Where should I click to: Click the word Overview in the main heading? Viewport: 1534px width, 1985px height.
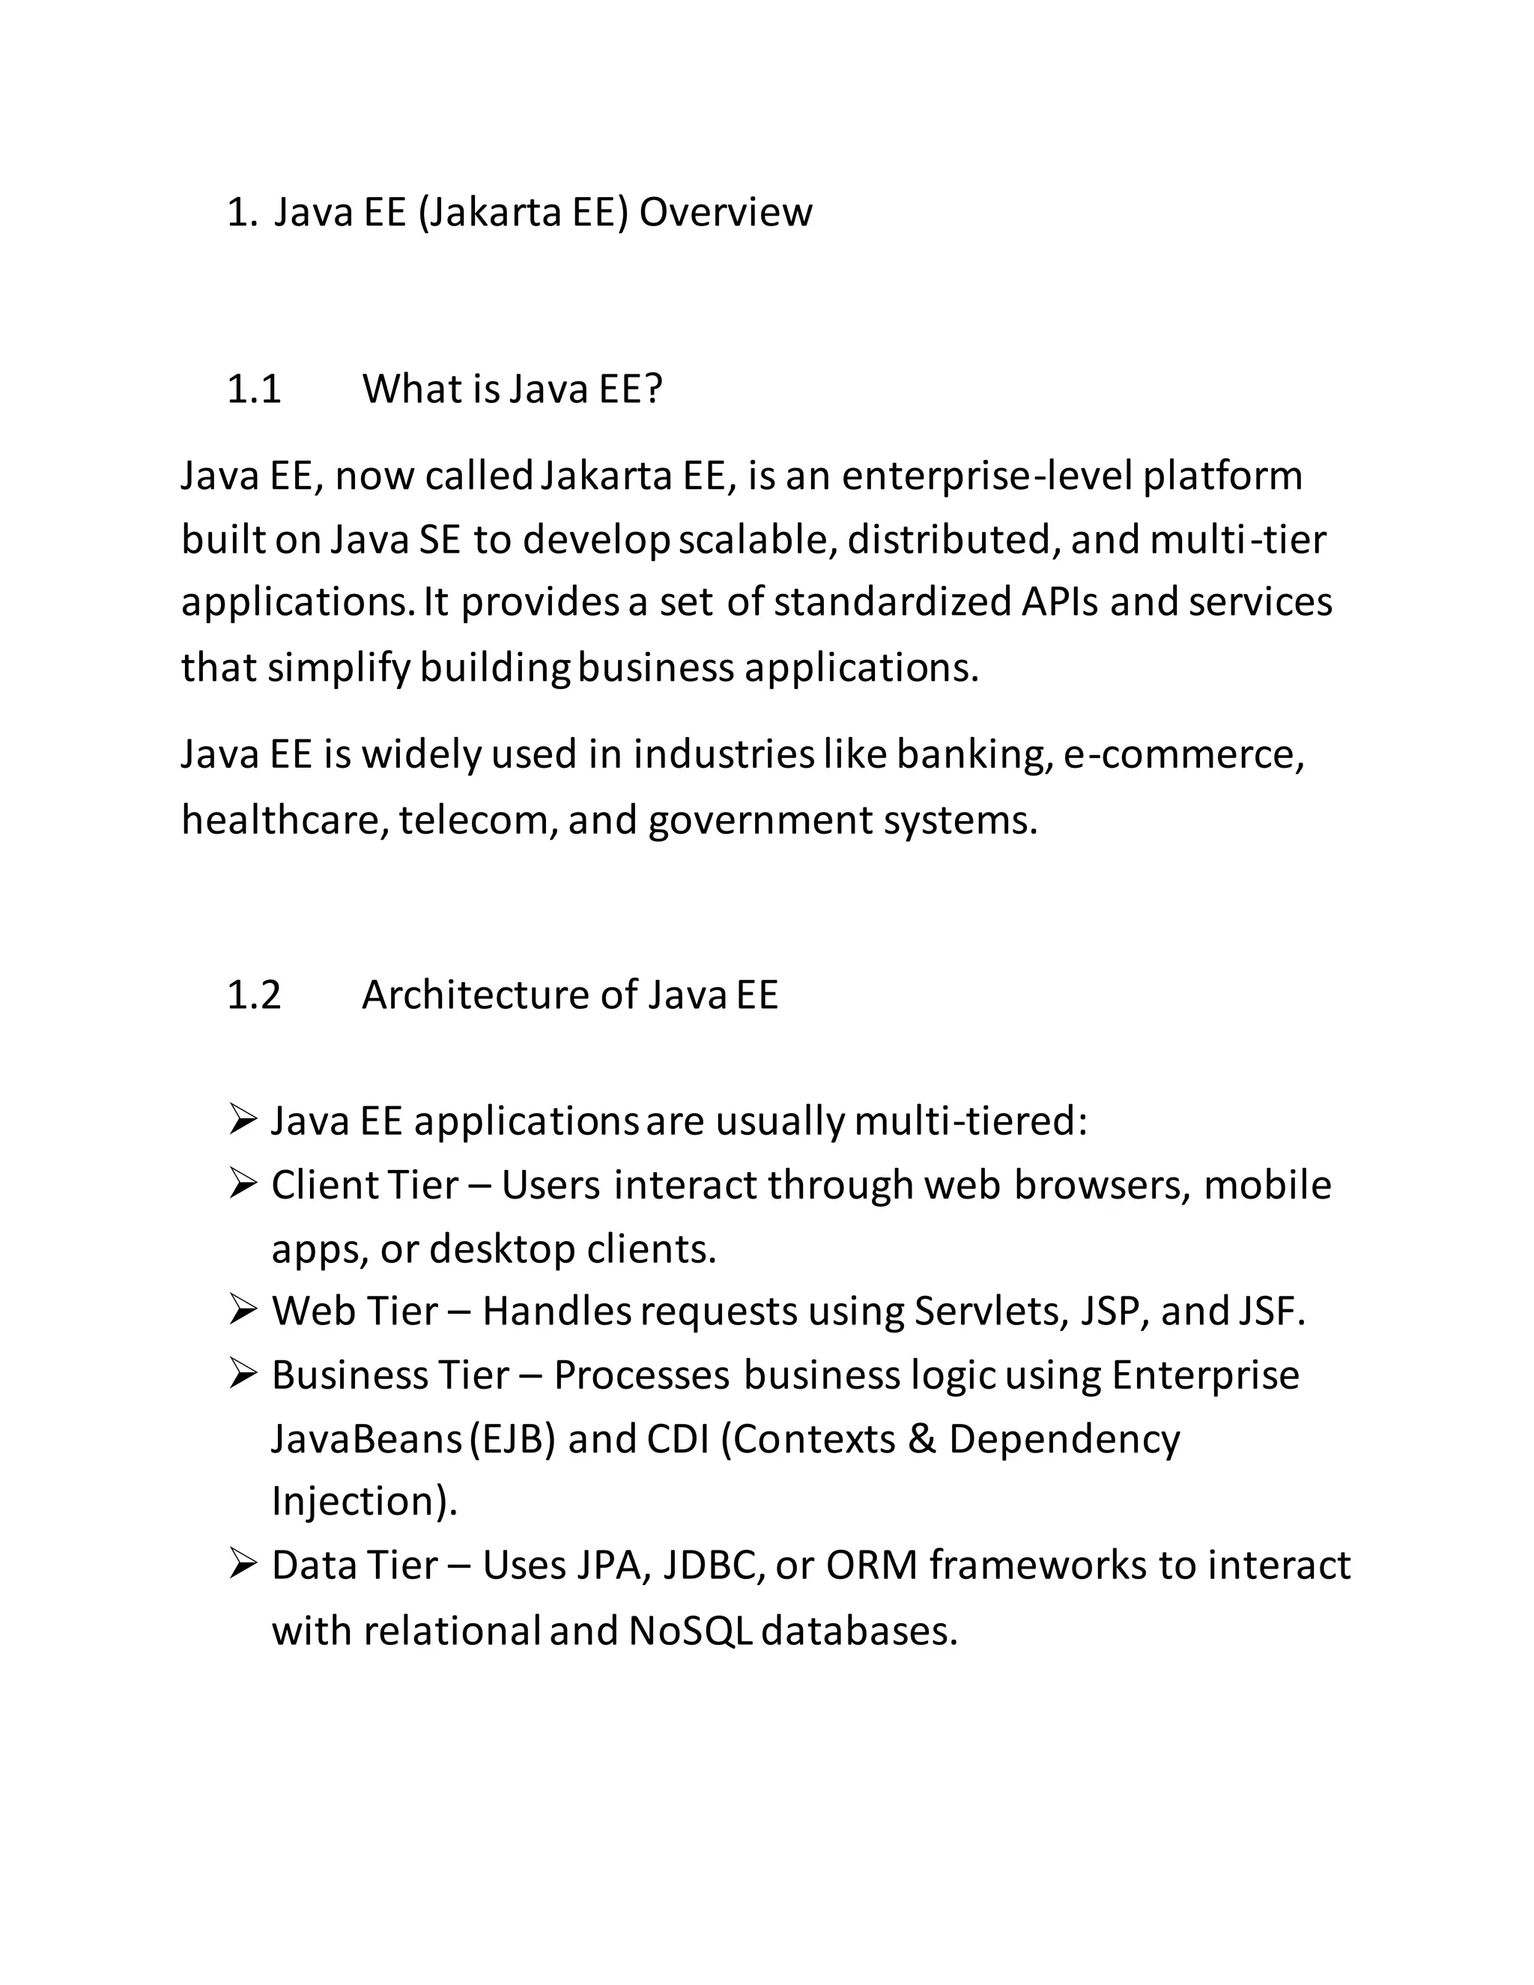725,213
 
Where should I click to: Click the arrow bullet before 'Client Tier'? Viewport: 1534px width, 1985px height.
243,1184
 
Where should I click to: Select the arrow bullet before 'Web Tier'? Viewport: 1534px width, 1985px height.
243,1311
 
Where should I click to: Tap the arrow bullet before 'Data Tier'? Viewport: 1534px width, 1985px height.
243,1565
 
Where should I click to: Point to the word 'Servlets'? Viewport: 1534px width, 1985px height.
990,1312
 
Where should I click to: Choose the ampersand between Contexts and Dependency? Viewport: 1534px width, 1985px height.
921,1439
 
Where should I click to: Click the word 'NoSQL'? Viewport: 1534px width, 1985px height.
691,1631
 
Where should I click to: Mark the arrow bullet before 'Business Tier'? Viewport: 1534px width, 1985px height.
243,1375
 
